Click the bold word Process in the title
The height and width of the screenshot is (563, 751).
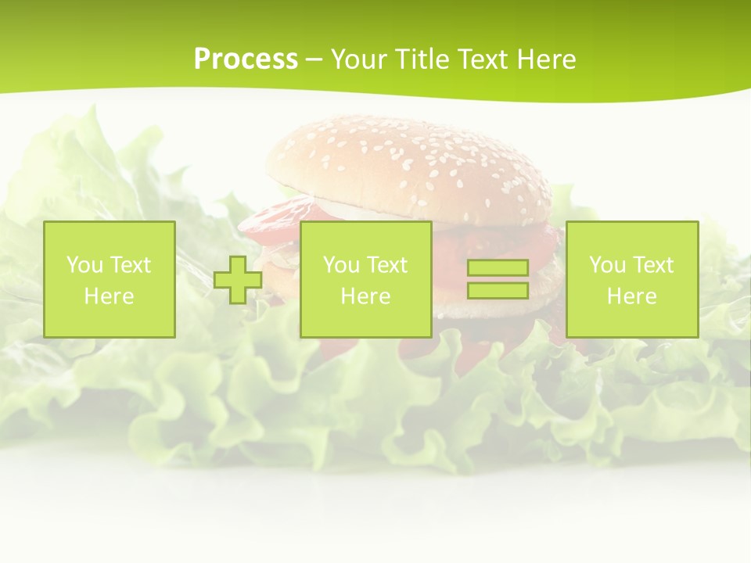pyautogui.click(x=246, y=59)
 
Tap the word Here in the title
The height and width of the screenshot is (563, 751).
pyautogui.click(x=546, y=59)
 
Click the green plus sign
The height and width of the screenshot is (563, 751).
pyautogui.click(x=238, y=280)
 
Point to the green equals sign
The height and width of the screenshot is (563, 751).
pyautogui.click(x=498, y=279)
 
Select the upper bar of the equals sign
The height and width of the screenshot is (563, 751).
pyautogui.click(x=498, y=268)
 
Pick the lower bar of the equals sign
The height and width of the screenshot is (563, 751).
pyautogui.click(x=498, y=290)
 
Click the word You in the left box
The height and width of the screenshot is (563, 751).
pyautogui.click(x=82, y=265)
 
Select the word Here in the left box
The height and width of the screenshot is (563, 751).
pyautogui.click(x=109, y=296)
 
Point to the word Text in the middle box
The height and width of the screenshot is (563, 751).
pyautogui.click(x=387, y=265)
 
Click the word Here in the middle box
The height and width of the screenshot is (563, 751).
pyautogui.click(x=365, y=296)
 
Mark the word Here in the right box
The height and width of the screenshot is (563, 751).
pyautogui.click(x=631, y=296)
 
